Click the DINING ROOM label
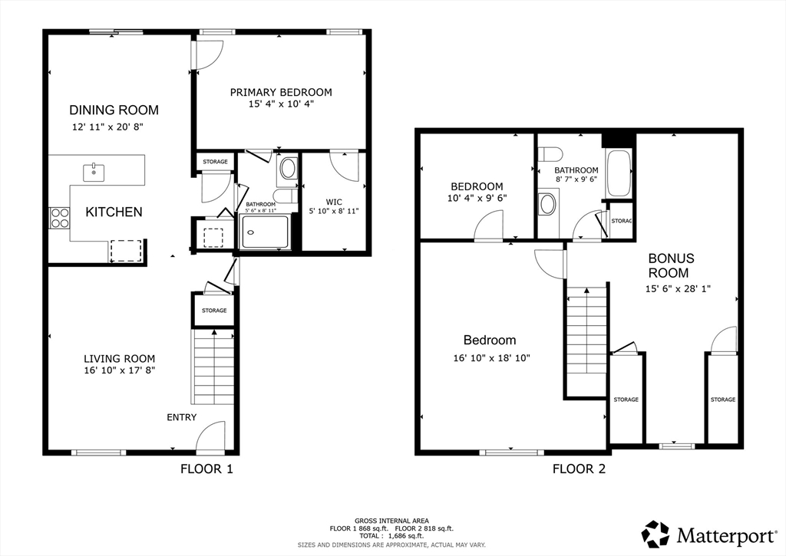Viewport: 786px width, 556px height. coord(114,110)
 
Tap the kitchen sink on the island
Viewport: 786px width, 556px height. coord(94,173)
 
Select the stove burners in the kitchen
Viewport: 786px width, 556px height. coord(59,218)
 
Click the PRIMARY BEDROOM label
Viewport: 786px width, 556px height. coord(281,92)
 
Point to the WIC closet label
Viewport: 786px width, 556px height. coord(334,202)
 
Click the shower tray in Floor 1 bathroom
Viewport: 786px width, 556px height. coord(265,232)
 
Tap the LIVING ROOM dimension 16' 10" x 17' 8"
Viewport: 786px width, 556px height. coord(120,370)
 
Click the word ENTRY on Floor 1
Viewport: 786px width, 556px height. coord(181,417)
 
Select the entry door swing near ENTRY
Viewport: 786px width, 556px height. coord(210,435)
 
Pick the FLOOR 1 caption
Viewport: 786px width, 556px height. coord(206,469)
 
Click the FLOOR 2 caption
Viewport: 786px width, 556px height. coord(579,469)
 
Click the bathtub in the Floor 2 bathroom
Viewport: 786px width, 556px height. coord(619,173)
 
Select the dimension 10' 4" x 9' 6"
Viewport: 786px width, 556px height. coord(477,198)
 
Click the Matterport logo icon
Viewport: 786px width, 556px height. coord(656,535)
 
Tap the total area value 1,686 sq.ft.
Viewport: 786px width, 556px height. coord(406,535)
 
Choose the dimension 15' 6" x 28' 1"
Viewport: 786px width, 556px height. coord(678,289)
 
